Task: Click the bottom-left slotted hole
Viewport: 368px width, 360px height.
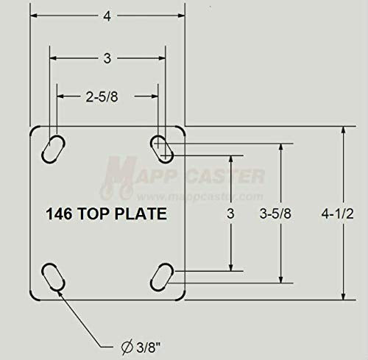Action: point(54,280)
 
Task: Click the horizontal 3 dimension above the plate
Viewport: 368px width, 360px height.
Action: point(107,58)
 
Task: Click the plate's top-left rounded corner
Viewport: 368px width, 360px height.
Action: point(34,130)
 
